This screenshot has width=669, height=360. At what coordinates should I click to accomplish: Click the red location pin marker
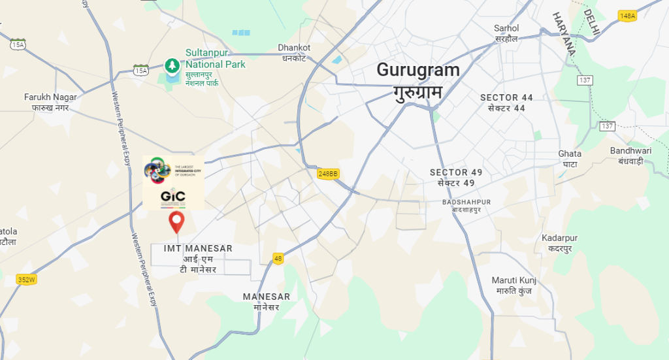pyautogui.click(x=176, y=221)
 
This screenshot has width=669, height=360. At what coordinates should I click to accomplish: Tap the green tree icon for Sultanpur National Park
pyautogui.click(x=172, y=65)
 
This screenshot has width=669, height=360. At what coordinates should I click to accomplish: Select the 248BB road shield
pyautogui.click(x=329, y=173)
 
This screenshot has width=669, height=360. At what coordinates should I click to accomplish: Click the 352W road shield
pyautogui.click(x=26, y=280)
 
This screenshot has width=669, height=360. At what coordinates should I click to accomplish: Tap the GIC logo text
pyautogui.click(x=172, y=197)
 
